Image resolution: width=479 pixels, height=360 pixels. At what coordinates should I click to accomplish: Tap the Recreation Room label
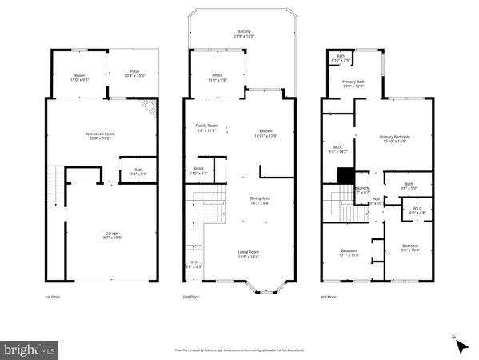click(97, 135)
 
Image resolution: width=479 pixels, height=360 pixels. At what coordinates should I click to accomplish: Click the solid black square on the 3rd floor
click(345, 176)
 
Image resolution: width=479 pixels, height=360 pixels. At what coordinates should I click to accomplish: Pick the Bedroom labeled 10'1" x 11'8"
click(348, 252)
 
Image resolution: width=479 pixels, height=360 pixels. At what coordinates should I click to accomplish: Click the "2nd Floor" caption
click(191, 297)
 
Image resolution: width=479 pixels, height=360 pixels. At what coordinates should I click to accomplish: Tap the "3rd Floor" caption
click(329, 297)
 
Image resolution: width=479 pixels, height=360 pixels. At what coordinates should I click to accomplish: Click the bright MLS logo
click(30, 350)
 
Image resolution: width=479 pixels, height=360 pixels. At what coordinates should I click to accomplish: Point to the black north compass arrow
click(461, 346)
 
